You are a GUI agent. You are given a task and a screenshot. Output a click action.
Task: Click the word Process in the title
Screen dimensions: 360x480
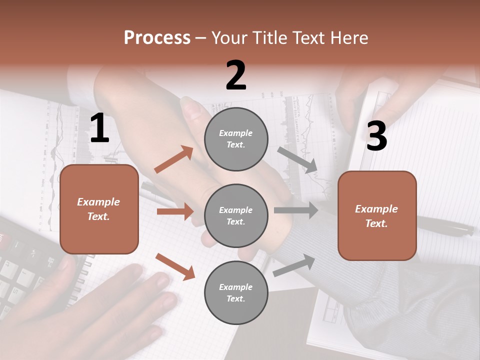157,37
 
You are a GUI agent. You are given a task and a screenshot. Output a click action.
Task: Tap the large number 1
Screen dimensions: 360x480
99,128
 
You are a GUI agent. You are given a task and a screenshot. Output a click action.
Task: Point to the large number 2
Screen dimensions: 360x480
236,75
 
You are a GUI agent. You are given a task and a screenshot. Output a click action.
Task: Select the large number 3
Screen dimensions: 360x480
376,136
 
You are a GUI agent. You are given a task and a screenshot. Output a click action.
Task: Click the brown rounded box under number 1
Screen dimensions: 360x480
99,209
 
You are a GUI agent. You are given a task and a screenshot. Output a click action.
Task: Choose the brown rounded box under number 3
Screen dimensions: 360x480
377,215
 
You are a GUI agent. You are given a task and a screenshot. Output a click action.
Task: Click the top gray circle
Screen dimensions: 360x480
236,138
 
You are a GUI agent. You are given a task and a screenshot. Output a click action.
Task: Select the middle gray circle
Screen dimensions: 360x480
236,215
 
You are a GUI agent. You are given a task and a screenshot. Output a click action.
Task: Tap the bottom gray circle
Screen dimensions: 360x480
236,292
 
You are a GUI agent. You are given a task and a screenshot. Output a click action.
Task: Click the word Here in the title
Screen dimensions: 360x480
349,37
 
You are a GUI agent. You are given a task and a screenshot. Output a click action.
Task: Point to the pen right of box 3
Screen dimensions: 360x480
445,227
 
